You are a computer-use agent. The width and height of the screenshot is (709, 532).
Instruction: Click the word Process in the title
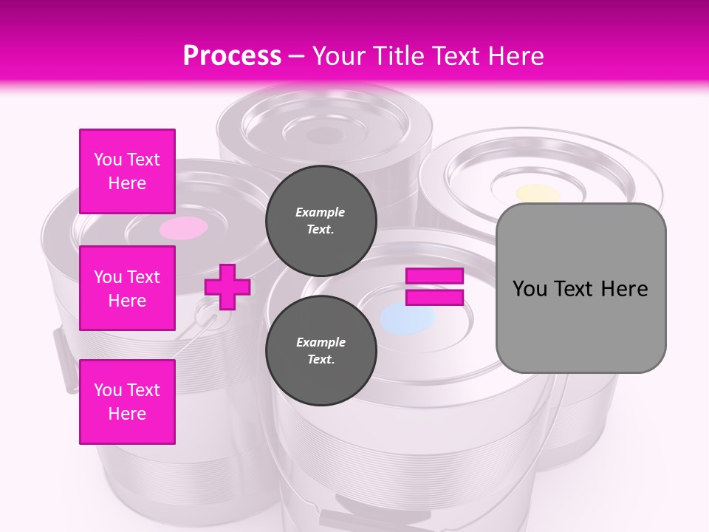coord(232,56)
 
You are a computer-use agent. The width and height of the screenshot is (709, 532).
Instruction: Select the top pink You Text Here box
coord(127,171)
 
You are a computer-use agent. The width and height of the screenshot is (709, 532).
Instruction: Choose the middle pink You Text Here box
coord(127,288)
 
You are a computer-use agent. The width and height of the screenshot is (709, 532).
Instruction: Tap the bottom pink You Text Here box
coord(127,402)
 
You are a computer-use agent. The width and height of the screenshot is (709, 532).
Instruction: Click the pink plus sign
coord(227,287)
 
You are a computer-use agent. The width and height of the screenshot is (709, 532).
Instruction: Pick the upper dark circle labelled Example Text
coord(321,220)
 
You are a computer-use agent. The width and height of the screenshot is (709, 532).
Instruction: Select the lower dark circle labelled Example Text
coord(321,350)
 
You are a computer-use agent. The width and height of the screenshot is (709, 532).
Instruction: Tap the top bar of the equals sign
coord(434,276)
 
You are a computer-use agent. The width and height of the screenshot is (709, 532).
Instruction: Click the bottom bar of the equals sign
coord(434,297)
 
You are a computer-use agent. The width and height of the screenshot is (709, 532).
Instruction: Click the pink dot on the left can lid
coord(184,228)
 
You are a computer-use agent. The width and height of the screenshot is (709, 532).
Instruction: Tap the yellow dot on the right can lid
coord(538,194)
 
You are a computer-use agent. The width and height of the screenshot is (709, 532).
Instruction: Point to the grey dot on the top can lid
coord(324,136)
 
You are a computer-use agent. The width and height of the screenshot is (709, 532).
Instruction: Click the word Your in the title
coord(340,56)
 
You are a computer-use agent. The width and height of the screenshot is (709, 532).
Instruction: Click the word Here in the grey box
coord(624,289)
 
